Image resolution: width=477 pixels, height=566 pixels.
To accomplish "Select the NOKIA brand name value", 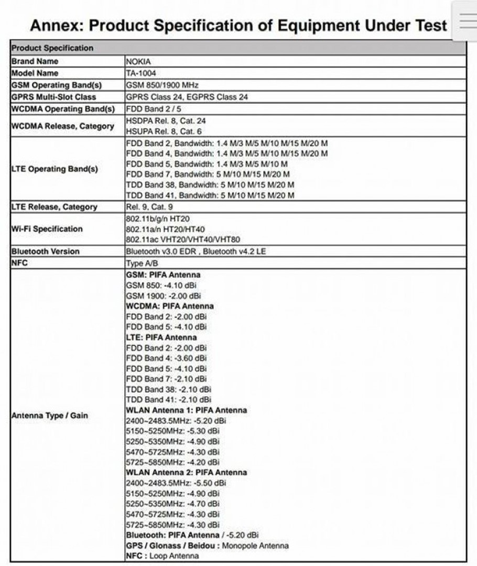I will tap(139, 61).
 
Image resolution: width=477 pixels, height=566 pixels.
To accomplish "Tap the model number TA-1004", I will tap(141, 73).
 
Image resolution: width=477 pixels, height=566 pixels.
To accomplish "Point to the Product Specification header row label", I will tap(52, 48).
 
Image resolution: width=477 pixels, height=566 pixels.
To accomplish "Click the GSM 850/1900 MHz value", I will tap(162, 85).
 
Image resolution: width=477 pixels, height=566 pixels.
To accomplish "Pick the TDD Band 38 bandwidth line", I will tap(210, 184).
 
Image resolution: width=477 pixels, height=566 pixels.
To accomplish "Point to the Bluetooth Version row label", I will tap(46, 251).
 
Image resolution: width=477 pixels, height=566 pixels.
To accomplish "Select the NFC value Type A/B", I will tap(143, 263).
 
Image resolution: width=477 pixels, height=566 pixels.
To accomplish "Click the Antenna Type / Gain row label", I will tap(50, 416).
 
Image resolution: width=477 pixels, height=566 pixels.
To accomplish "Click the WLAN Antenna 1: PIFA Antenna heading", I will tap(186, 410).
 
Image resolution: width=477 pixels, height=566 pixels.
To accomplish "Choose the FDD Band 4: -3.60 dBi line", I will tap(167, 358).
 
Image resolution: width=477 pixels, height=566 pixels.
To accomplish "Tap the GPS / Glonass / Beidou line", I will tap(207, 546).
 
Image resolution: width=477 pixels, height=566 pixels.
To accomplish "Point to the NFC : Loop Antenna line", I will tap(162, 556).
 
